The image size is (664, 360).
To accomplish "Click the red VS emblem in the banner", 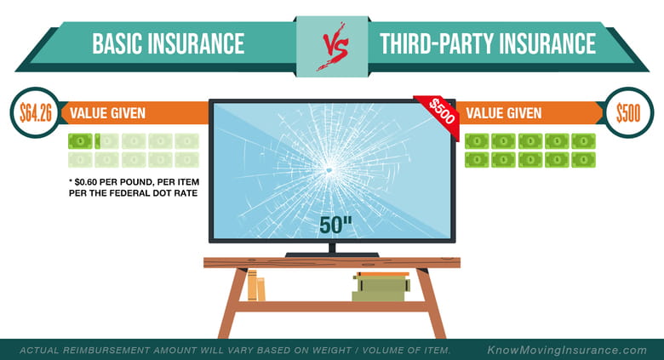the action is point(334,46).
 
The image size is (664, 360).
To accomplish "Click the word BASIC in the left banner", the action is point(117,43).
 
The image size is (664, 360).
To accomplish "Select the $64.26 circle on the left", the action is point(36,112).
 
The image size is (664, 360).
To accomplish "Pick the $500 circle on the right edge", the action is point(628,112).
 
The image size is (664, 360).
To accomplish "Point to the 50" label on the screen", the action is point(335,225).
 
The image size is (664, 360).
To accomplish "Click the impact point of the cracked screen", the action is point(329,170).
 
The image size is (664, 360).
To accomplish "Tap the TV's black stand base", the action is point(332,254).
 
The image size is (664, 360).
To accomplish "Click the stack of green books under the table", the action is point(381,287).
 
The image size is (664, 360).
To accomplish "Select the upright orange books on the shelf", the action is point(256,285).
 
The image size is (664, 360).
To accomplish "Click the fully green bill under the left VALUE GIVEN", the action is point(80,141).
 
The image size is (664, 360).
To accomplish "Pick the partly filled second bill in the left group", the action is point(106,141).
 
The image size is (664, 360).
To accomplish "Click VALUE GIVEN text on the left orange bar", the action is point(107,113).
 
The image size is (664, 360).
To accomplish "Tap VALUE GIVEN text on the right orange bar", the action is point(503,113).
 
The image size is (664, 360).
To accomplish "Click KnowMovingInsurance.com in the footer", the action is point(567,351).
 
